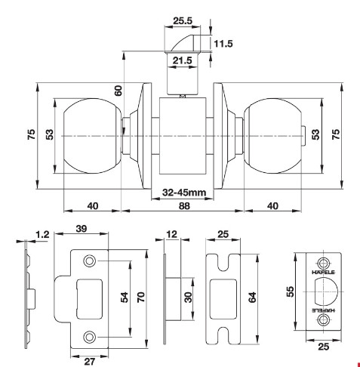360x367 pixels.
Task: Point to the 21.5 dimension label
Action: [x=181, y=59]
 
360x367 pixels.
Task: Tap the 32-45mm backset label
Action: [x=184, y=193]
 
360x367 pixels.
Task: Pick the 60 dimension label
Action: [x=118, y=90]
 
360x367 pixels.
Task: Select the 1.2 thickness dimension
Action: [x=42, y=235]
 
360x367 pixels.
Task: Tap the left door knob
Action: [x=92, y=134]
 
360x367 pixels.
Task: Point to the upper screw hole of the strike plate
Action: [x=90, y=261]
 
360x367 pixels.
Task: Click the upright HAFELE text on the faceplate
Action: [x=324, y=273]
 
